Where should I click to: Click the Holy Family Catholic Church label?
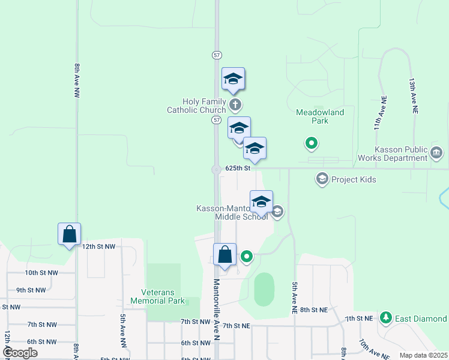click(x=196, y=106)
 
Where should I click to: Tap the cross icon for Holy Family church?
click(x=236, y=106)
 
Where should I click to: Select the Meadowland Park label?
click(x=320, y=116)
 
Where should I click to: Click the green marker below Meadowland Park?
click(x=311, y=143)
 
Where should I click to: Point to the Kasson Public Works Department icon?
click(x=436, y=153)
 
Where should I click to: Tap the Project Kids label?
click(x=353, y=179)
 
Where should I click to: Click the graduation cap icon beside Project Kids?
click(x=322, y=179)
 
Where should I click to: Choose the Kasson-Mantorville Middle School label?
click(x=232, y=212)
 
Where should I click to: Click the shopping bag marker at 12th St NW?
click(x=69, y=234)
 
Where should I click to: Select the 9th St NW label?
click(x=31, y=290)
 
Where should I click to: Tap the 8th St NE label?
click(x=314, y=310)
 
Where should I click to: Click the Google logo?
click(x=20, y=353)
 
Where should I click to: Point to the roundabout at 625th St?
click(x=216, y=170)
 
